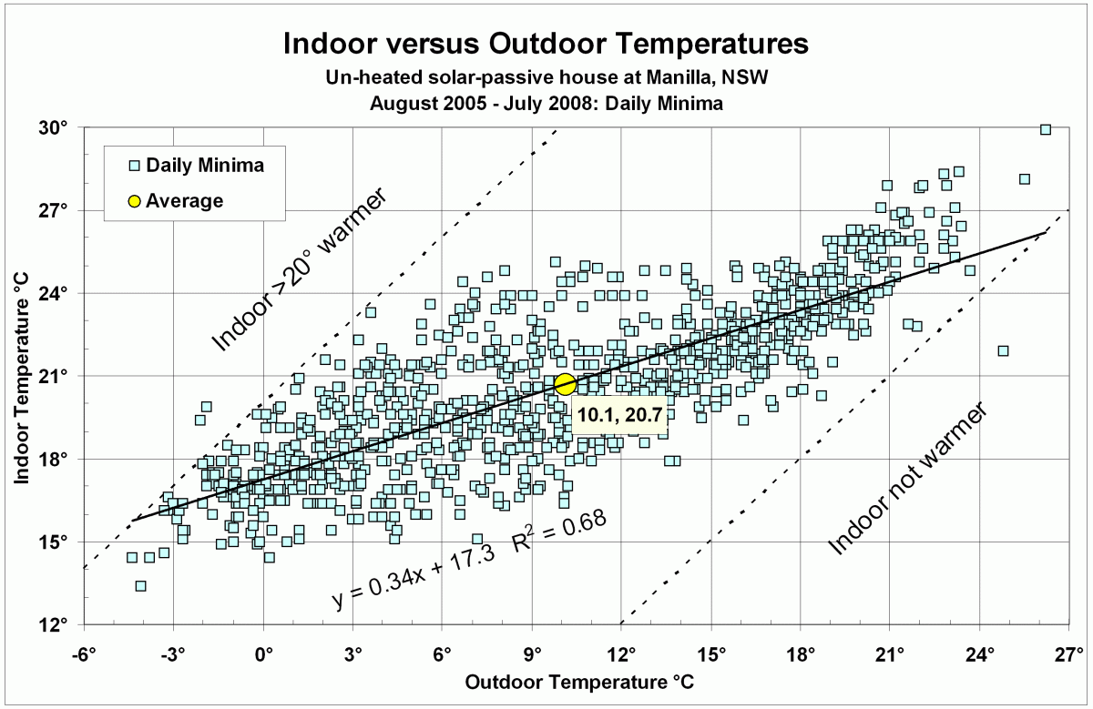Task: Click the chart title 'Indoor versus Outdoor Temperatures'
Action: click(546, 43)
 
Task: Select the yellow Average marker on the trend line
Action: click(565, 384)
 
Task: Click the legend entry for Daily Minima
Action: click(195, 166)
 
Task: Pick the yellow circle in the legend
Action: click(134, 201)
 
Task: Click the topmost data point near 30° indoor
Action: click(1046, 129)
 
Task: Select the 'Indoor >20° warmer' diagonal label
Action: click(301, 271)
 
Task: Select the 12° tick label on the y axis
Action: click(56, 625)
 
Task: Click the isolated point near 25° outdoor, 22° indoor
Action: click(1003, 350)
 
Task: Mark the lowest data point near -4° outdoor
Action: click(140, 585)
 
